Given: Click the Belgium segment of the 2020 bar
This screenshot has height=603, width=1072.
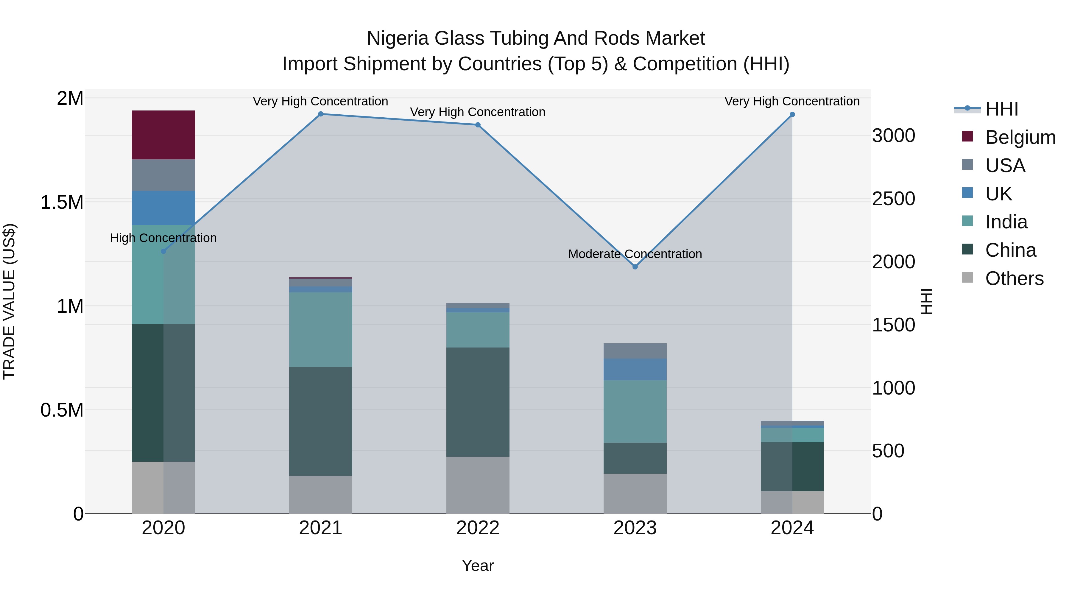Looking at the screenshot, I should (x=163, y=135).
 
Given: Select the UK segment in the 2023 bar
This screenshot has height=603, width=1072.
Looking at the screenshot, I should (x=635, y=369).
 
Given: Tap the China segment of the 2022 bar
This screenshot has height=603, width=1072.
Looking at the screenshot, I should (x=477, y=402).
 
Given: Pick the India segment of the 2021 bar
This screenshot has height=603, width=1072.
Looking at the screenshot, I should (x=320, y=330).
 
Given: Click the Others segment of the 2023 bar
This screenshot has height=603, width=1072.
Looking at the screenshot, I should (x=635, y=493).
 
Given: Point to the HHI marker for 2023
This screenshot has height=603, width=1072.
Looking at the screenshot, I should (x=635, y=267).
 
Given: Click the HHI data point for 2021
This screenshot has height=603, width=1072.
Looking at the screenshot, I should (x=320, y=114).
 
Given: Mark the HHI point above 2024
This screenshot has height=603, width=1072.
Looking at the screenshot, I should (x=792, y=114).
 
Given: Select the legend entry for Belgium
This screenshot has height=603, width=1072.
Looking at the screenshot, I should (x=1020, y=137).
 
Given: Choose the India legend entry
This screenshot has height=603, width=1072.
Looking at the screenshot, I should (x=1006, y=222).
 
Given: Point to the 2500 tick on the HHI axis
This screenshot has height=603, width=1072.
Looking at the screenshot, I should (x=893, y=199).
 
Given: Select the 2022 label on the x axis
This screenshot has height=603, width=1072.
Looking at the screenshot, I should (x=477, y=528).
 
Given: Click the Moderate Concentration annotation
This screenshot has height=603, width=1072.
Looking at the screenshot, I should (x=635, y=254).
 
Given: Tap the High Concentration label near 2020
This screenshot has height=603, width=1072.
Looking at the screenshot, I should (x=163, y=238).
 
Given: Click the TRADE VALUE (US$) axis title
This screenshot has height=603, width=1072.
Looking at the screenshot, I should (x=9, y=301).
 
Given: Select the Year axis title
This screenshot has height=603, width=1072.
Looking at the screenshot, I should (x=477, y=565).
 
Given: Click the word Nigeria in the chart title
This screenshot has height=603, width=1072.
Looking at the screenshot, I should (x=397, y=39).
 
